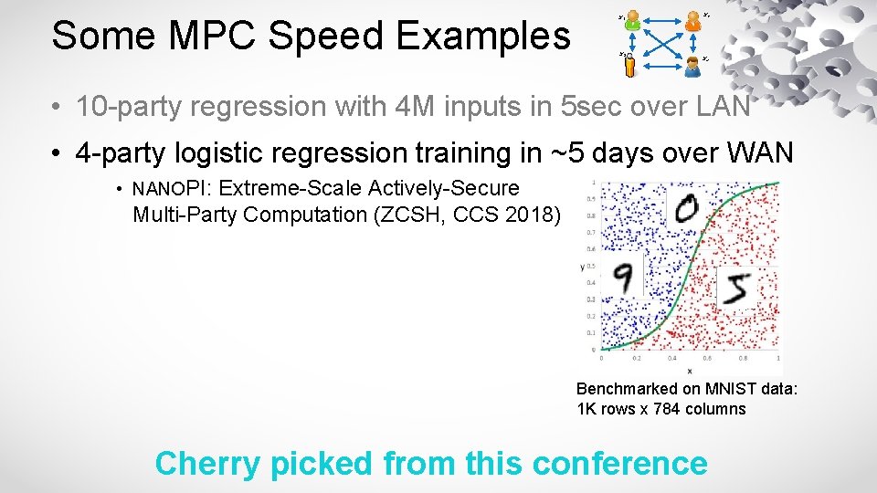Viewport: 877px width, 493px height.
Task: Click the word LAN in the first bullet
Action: tap(719, 107)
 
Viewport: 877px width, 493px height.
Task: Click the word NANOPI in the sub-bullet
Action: tap(172, 189)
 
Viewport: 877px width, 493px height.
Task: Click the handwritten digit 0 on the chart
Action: tap(684, 210)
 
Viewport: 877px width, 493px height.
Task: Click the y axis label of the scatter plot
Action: tap(581, 267)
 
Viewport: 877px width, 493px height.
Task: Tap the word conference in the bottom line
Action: tap(618, 464)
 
